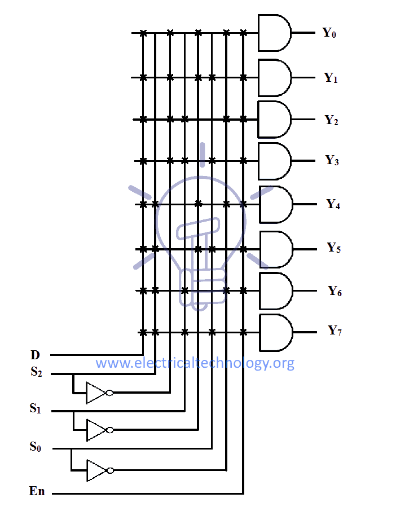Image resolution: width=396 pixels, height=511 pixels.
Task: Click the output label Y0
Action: click(x=329, y=33)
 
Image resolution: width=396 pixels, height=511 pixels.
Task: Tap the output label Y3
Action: click(x=332, y=161)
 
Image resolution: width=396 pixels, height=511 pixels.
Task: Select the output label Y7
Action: click(x=335, y=331)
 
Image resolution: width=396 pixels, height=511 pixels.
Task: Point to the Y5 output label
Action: click(x=334, y=248)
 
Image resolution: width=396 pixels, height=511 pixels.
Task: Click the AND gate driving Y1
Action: click(x=274, y=77)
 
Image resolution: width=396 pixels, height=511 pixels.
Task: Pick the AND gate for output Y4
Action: click(x=275, y=204)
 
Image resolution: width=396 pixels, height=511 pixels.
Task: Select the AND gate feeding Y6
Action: click(x=276, y=291)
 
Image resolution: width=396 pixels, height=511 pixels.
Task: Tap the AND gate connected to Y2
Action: click(x=274, y=120)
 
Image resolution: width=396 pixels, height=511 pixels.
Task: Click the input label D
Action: click(x=35, y=355)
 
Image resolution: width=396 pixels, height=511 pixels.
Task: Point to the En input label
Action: click(x=37, y=492)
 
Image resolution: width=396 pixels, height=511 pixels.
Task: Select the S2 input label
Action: click(x=36, y=372)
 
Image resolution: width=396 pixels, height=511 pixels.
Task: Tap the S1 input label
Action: click(x=36, y=409)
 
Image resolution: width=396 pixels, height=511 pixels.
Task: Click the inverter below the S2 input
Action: click(x=96, y=393)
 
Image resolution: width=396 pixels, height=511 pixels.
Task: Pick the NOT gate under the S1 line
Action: click(x=96, y=430)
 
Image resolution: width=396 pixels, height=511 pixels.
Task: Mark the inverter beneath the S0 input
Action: click(x=96, y=470)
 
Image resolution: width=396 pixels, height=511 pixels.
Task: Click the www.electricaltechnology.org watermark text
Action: click(x=195, y=363)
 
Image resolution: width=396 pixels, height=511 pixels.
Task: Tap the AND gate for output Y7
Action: click(x=276, y=332)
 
